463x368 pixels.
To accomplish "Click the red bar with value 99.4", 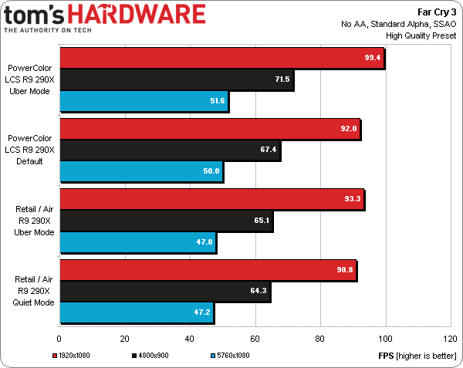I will (x=221, y=59).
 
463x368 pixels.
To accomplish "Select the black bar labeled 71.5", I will (x=176, y=79).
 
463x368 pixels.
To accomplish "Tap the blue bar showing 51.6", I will (x=144, y=101).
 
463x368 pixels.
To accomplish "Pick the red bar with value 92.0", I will (x=209, y=129).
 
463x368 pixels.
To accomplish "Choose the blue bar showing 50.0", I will (x=140, y=171).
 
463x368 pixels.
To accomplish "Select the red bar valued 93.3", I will (x=211, y=199).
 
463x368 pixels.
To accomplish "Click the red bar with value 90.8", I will (x=208, y=269).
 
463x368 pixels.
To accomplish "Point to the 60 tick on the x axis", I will (x=254, y=337).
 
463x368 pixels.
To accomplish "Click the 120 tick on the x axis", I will (x=449, y=337).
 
